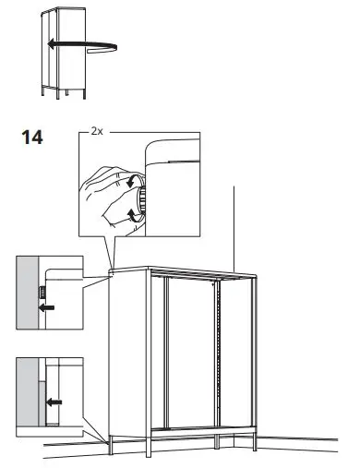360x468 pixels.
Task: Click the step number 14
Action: pyautogui.click(x=31, y=138)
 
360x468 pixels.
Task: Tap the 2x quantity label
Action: pyautogui.click(x=99, y=133)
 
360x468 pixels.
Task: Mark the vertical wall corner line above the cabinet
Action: pyautogui.click(x=236, y=222)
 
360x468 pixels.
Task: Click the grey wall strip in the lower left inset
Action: pyautogui.click(x=27, y=392)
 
